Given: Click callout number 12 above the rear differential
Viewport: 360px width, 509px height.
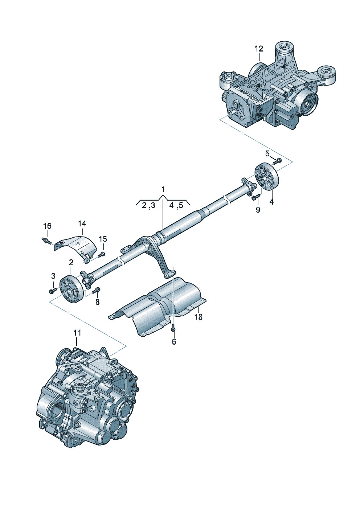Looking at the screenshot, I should click(x=258, y=49).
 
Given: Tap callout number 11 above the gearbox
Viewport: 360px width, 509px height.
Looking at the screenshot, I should click(x=77, y=333).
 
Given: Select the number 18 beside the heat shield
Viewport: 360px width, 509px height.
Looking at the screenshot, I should click(x=198, y=317).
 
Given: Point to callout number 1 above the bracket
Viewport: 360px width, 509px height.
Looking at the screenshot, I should click(x=163, y=189).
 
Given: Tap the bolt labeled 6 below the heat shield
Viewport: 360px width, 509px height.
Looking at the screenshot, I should click(x=173, y=328).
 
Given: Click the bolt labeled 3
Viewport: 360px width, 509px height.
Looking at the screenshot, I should click(x=52, y=291).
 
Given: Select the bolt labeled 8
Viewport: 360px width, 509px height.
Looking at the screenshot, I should click(x=97, y=290).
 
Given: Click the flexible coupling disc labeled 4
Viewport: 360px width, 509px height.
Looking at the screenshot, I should click(x=267, y=177).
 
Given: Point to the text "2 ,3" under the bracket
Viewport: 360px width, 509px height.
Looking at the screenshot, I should click(x=148, y=206).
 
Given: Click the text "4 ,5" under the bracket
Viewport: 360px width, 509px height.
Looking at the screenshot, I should click(x=176, y=206).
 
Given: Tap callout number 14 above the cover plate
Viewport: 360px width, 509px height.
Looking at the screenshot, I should click(x=82, y=223).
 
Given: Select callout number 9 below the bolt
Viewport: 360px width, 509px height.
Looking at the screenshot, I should click(x=258, y=210).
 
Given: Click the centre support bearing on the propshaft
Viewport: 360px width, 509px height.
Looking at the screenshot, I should click(x=150, y=244).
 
